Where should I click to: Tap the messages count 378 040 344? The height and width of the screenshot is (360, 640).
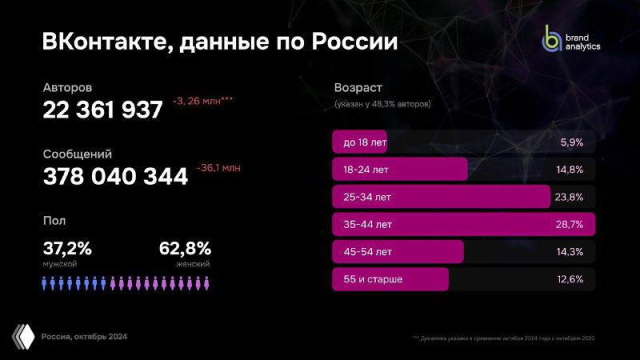pyautogui.click(x=115, y=176)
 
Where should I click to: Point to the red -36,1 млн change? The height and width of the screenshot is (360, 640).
pyautogui.click(x=218, y=168)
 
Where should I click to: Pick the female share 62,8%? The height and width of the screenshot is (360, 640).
pyautogui.click(x=185, y=248)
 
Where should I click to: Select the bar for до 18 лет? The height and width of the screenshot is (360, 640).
pyautogui.click(x=359, y=142)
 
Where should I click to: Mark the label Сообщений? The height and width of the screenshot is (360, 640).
pyautogui.click(x=77, y=154)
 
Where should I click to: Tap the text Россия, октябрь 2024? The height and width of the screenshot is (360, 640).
pyautogui.click(x=84, y=336)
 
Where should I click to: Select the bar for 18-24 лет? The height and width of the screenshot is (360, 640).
pyautogui.click(x=399, y=169)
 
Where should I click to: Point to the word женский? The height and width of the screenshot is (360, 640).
pyautogui.click(x=193, y=263)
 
